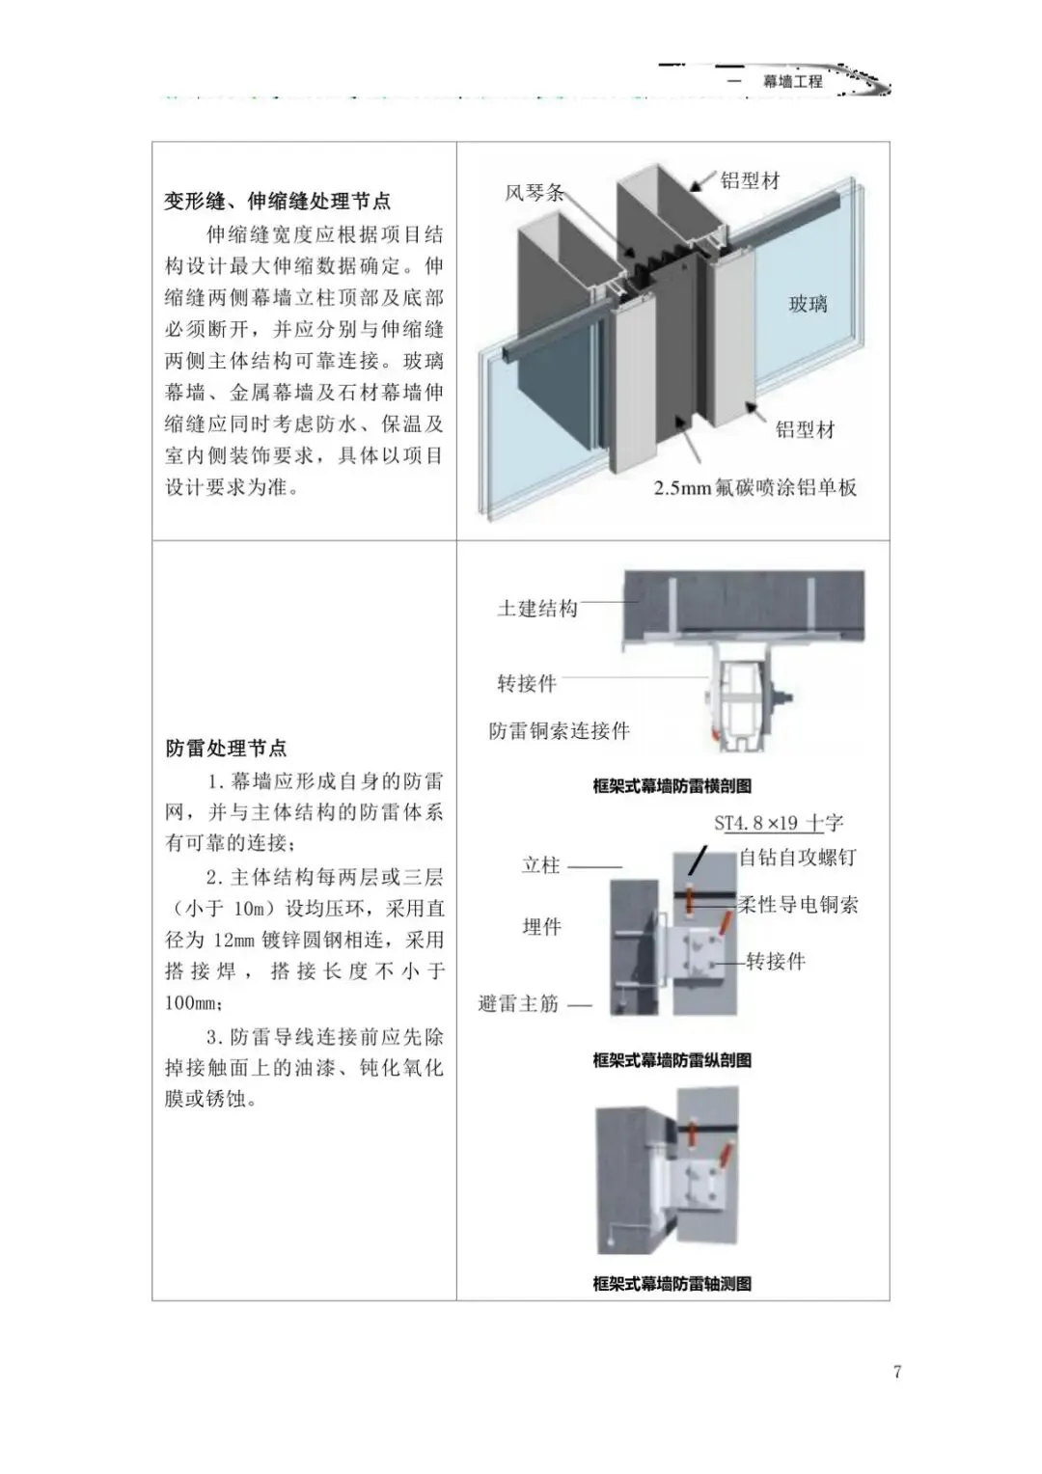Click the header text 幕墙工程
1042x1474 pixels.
click(x=793, y=82)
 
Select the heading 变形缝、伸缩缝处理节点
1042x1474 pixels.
click(x=278, y=202)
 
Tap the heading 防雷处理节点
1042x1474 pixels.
click(x=226, y=749)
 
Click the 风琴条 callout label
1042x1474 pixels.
click(x=535, y=193)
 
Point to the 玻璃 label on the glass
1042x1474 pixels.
click(x=809, y=305)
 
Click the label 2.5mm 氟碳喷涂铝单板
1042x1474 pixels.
click(x=755, y=488)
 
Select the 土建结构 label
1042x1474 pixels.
click(x=537, y=609)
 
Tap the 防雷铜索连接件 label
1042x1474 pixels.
click(x=560, y=731)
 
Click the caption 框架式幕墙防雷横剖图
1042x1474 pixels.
click(x=672, y=786)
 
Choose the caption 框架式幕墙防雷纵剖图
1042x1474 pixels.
click(x=672, y=1060)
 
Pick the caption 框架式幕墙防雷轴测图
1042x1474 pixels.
click(x=672, y=1284)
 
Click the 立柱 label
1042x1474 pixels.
click(x=541, y=865)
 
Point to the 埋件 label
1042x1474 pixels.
click(x=541, y=927)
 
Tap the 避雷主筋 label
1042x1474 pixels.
click(x=519, y=1004)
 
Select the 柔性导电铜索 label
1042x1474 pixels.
click(x=798, y=905)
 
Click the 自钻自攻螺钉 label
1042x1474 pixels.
click(x=798, y=858)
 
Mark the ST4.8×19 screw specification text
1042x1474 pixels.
click(x=756, y=823)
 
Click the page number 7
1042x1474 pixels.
click(x=897, y=1372)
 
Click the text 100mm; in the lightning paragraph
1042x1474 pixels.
click(x=194, y=1003)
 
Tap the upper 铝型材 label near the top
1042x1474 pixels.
click(x=751, y=180)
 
